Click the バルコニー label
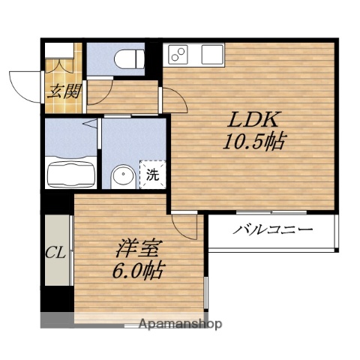(273, 230)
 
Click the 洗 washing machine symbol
(152, 176)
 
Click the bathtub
(70, 175)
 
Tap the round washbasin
(121, 177)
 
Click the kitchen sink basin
(210, 55)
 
